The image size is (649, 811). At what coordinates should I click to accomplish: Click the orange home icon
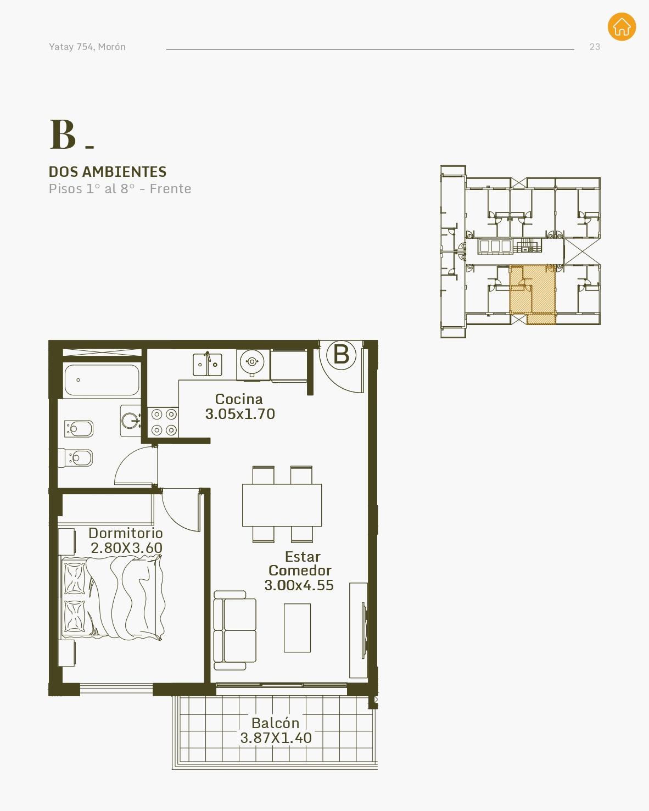coord(622,26)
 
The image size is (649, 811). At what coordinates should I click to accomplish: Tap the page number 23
coord(595,47)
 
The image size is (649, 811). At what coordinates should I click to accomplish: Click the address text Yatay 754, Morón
coord(87,47)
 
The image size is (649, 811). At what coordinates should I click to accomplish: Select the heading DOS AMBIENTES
coord(108,172)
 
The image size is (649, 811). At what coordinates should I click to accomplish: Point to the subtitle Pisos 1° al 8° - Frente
coord(120,188)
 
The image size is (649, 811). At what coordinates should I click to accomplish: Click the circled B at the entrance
coord(341,355)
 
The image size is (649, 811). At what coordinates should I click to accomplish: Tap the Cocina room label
coord(238,399)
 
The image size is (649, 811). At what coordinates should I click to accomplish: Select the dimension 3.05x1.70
coord(240,414)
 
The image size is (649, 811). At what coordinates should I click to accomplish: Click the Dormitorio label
coord(126,533)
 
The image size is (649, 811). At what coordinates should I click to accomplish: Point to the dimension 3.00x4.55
coord(299,585)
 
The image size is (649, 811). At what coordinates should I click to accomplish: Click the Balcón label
coord(276,723)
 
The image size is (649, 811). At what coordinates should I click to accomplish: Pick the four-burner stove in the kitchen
coord(163,422)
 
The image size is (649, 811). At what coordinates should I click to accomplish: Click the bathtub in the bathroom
coord(102,380)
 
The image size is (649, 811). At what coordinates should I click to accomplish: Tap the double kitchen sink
coord(208,365)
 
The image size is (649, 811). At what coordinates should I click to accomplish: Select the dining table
coord(282,505)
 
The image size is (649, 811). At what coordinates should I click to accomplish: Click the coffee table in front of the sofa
coord(298,628)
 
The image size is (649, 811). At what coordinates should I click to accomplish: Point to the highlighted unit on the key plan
coord(532,294)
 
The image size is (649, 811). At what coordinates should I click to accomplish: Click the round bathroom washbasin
coord(130,421)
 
